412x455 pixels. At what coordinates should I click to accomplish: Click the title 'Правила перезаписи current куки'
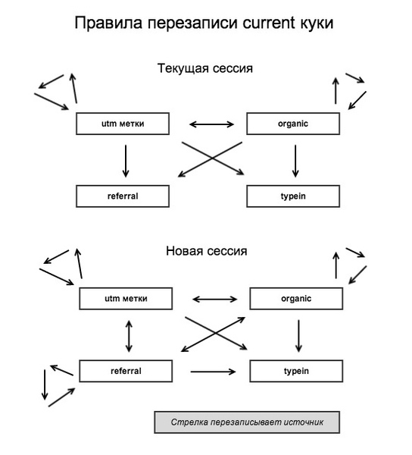click(204, 24)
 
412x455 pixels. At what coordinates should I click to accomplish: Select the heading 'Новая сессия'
click(206, 250)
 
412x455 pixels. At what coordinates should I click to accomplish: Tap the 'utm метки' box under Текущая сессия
click(122, 124)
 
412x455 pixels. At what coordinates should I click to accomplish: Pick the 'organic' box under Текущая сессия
click(293, 124)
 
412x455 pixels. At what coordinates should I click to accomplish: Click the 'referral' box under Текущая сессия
click(122, 196)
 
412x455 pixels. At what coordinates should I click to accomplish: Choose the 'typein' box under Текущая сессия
click(293, 196)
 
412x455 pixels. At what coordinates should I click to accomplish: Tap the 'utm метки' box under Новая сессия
click(126, 299)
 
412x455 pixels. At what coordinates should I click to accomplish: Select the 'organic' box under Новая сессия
click(296, 299)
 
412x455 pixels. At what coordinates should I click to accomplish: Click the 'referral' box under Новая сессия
click(126, 371)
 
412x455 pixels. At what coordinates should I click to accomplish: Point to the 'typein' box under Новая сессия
click(296, 371)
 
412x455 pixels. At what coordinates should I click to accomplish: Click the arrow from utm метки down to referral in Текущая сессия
click(125, 160)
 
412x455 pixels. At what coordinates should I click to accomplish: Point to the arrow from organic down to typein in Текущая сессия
click(295, 160)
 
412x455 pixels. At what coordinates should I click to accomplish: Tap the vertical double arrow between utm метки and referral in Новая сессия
click(128, 334)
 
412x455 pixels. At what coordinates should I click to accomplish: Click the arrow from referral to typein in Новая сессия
click(214, 371)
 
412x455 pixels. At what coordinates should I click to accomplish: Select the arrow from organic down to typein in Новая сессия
click(298, 335)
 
